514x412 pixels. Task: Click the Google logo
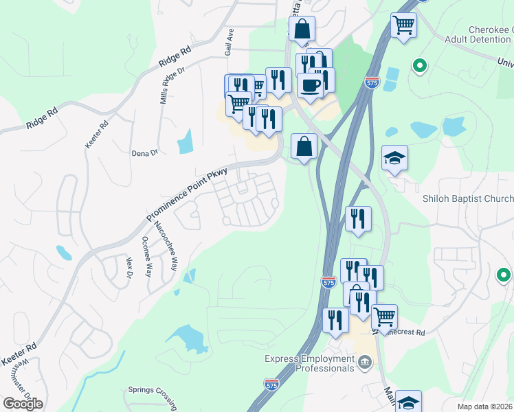(x=23, y=403)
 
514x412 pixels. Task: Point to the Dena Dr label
(x=145, y=153)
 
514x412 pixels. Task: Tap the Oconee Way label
(x=146, y=256)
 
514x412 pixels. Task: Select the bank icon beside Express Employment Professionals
(x=365, y=362)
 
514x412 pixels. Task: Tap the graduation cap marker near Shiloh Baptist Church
(x=394, y=159)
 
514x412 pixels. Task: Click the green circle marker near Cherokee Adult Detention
(x=419, y=66)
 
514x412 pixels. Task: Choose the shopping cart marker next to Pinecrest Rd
(x=385, y=317)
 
